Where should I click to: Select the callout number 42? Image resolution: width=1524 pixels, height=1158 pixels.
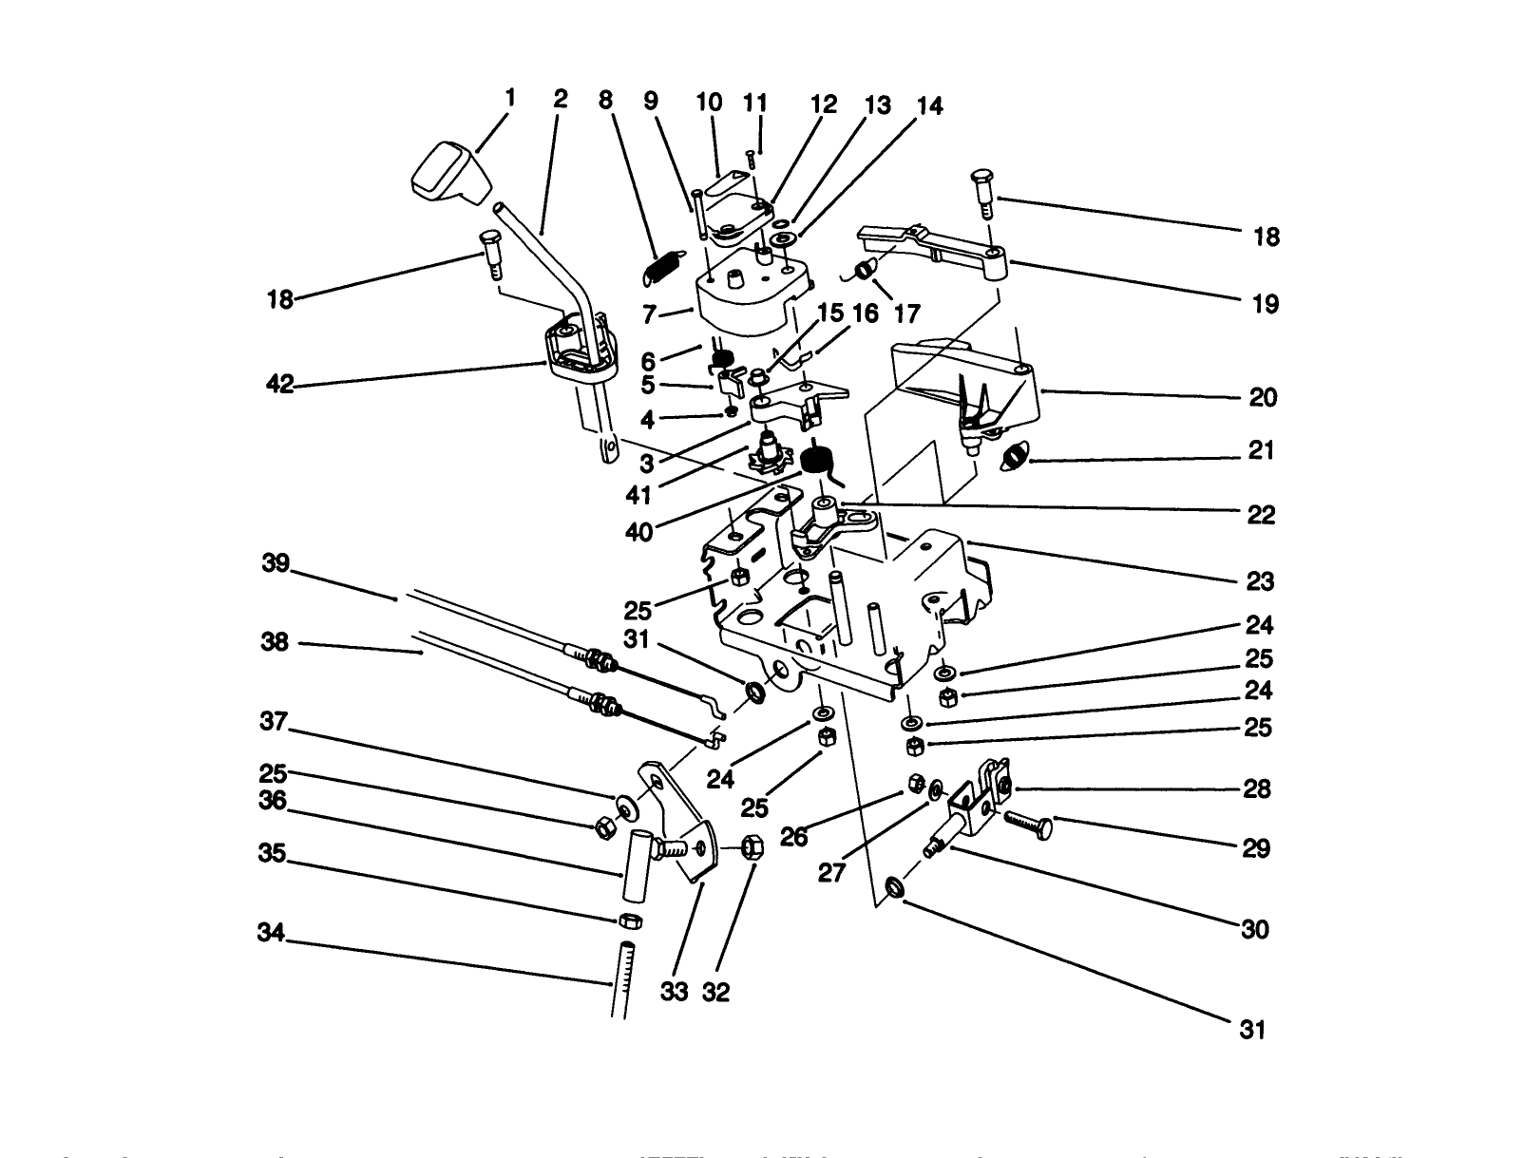tap(280, 385)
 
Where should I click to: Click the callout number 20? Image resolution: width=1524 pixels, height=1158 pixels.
tap(1263, 397)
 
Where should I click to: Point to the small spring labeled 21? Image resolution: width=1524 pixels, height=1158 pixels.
tap(1015, 461)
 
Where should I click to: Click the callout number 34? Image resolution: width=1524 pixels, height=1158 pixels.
tap(271, 933)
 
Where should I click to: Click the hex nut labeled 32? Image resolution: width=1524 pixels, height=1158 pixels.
tap(747, 845)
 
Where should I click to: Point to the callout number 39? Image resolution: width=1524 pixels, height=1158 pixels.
tap(276, 563)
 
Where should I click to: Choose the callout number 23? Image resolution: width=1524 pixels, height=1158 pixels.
tap(1261, 580)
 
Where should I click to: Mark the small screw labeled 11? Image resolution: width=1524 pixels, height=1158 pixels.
tap(751, 157)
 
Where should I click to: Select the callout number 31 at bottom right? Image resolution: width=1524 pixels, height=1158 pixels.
tap(1252, 1029)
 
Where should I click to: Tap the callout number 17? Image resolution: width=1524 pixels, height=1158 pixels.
tap(906, 313)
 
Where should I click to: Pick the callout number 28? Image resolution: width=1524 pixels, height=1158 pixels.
tap(1256, 789)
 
